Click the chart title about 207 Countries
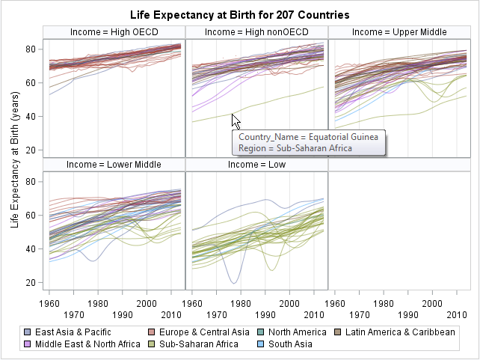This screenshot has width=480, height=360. pos(239,15)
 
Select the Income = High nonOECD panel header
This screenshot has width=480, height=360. pos(256,32)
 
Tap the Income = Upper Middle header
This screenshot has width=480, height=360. pos(399,32)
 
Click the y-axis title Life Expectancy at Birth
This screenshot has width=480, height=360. pos(15,165)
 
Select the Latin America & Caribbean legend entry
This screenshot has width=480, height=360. pos(400,332)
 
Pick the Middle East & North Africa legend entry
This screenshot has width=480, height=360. pos(83,344)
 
